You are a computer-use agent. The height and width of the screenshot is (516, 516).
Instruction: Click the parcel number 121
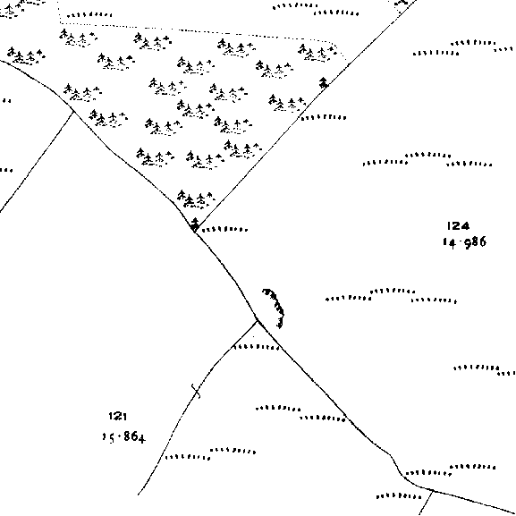[118, 417]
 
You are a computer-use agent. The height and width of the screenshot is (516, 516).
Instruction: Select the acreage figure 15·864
[123, 437]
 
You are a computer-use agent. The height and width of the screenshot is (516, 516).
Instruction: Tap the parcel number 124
[458, 226]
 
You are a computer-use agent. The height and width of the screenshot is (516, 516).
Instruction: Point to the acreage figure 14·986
[464, 243]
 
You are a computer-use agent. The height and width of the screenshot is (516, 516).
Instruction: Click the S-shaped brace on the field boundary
[196, 391]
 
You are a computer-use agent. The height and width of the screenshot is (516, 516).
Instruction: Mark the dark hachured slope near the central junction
[275, 307]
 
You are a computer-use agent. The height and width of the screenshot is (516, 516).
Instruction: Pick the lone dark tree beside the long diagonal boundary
[324, 82]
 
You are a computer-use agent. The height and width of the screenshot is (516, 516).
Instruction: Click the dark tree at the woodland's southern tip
[194, 224]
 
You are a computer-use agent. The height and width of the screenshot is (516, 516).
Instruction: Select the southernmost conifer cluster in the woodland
[196, 199]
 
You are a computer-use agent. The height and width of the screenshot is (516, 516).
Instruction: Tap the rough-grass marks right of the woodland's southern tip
[224, 229]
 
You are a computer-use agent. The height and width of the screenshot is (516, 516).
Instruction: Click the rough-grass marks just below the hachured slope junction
[257, 347]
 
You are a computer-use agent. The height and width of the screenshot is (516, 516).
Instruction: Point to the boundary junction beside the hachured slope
[258, 320]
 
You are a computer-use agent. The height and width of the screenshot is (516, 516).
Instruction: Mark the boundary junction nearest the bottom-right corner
[433, 491]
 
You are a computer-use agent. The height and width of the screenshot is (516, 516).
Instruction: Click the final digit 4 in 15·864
[141, 439]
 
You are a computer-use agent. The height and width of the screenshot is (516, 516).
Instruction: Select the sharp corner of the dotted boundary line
[61, 22]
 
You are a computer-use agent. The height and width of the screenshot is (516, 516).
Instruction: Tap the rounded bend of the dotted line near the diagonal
[335, 44]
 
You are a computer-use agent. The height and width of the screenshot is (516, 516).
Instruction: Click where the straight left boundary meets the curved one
[73, 112]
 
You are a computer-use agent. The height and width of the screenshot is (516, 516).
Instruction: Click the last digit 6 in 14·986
[482, 242]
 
